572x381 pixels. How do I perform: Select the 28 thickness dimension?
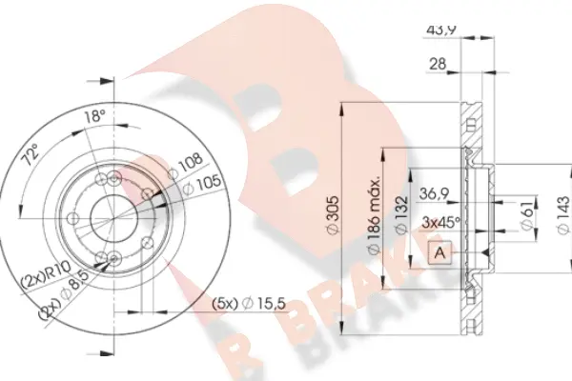[x=438, y=64]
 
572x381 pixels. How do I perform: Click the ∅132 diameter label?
[x=402, y=216]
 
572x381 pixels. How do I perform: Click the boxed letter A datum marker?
[x=440, y=252]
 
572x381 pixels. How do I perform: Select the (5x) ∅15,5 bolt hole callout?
[x=249, y=304]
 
